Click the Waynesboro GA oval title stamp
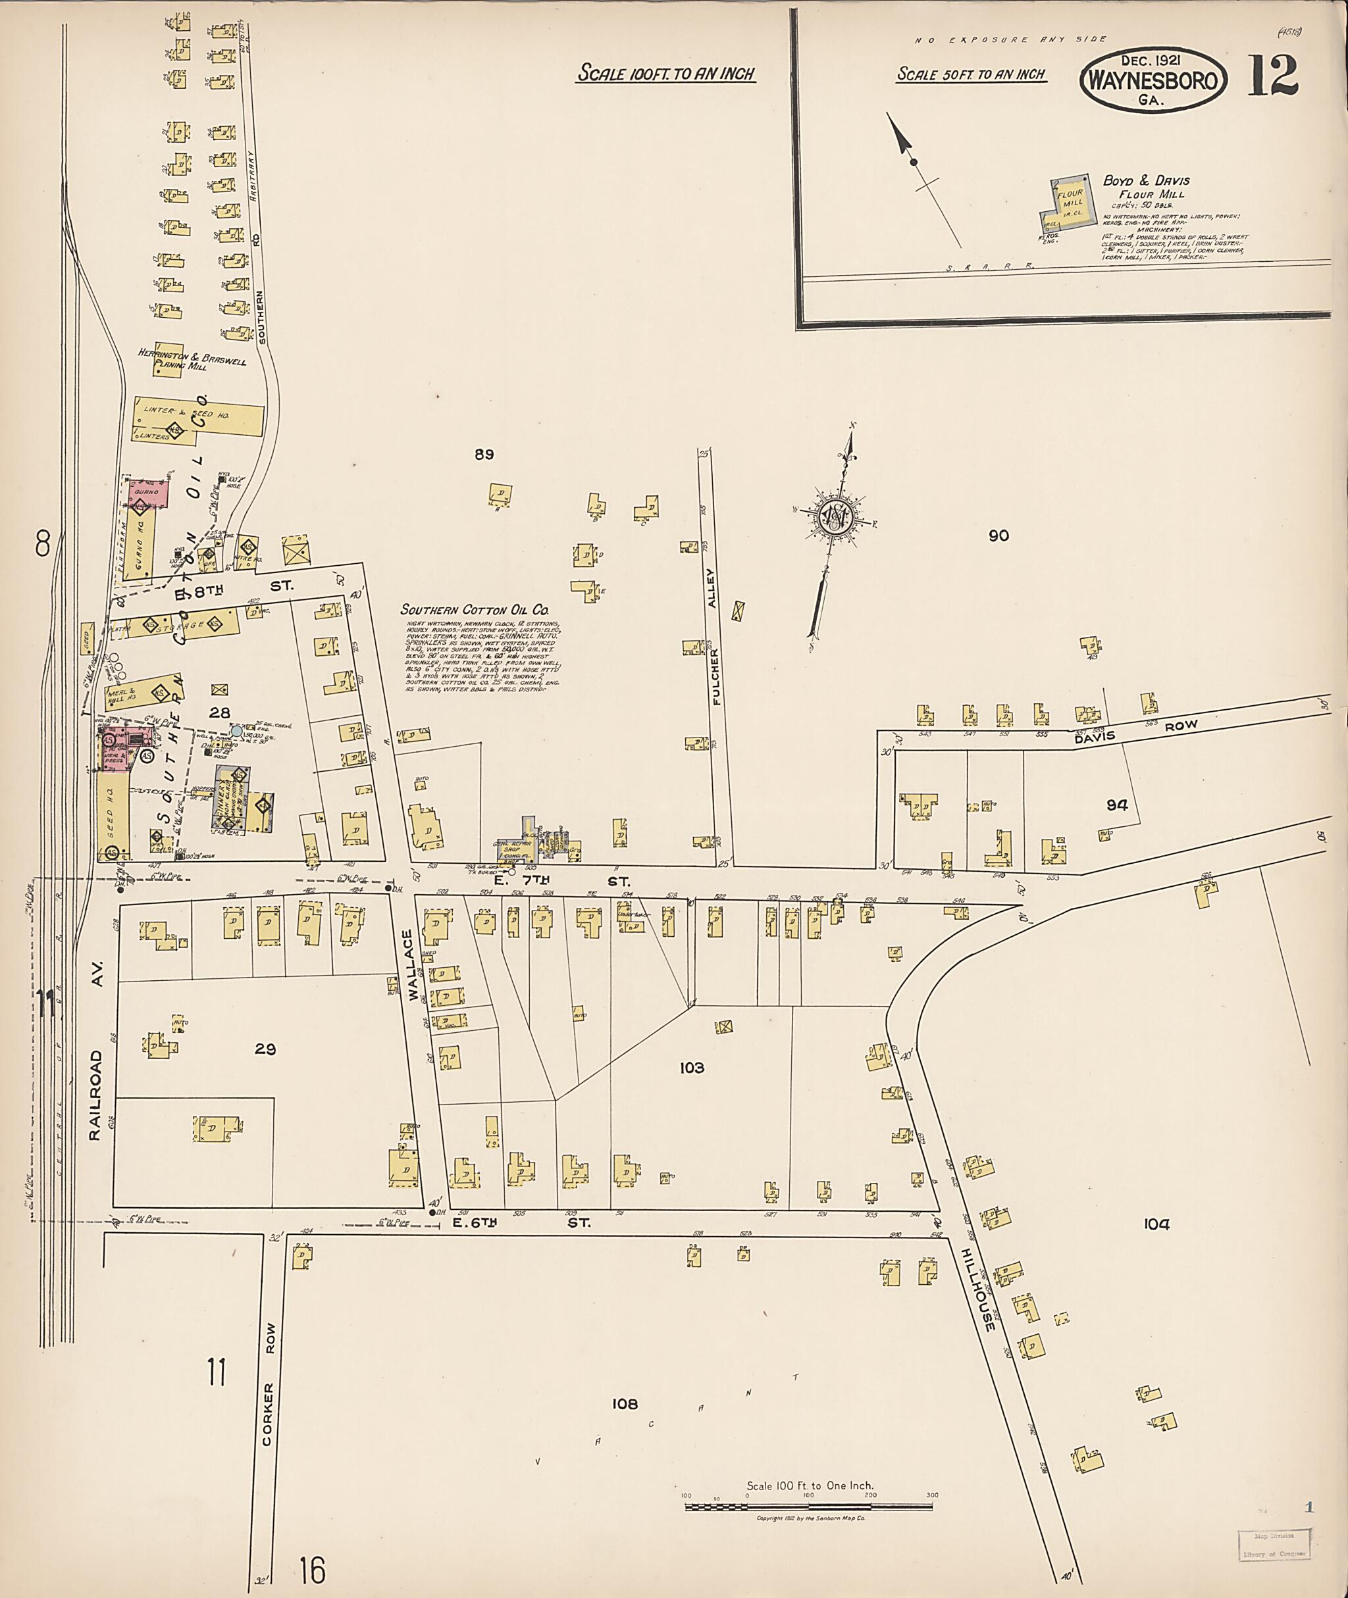pos(1153,80)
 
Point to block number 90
pos(998,536)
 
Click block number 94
pos(1116,805)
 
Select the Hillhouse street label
pos(977,1291)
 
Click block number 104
pos(1156,1224)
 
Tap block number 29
pos(265,1049)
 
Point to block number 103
pos(692,1068)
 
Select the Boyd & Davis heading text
pos(1145,181)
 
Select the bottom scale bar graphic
pos(808,1507)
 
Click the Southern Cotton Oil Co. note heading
pos(475,611)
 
